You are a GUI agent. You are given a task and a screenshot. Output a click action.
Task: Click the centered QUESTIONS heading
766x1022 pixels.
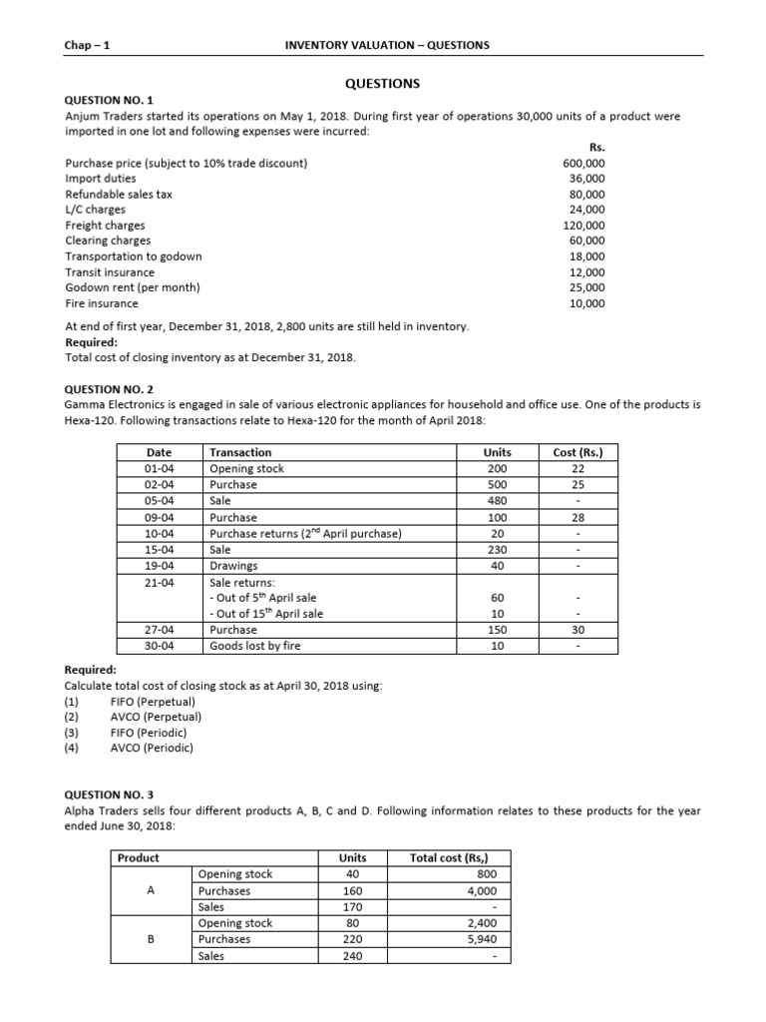pyautogui.click(x=383, y=83)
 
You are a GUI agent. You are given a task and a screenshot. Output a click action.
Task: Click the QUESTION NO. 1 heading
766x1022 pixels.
pyautogui.click(x=109, y=101)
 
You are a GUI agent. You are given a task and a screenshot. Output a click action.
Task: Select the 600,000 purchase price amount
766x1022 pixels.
pyautogui.click(x=583, y=163)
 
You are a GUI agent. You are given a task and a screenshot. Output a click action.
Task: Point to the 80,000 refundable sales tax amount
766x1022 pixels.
pyautogui.click(x=586, y=195)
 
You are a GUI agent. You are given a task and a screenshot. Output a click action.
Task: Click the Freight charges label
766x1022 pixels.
pyautogui.click(x=105, y=226)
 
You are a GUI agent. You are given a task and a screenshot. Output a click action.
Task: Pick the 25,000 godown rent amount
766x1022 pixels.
pyautogui.click(x=586, y=287)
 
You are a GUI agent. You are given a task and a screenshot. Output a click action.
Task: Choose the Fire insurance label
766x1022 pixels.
pyautogui.click(x=102, y=303)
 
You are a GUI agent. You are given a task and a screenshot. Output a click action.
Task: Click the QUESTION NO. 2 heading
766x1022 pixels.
pyautogui.click(x=109, y=389)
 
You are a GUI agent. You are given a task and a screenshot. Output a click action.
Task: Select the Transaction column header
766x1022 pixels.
pyautogui.click(x=240, y=452)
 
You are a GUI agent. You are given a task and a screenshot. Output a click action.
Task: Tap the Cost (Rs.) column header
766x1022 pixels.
pyautogui.click(x=577, y=452)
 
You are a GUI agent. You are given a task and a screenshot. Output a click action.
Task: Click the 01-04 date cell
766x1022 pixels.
pyautogui.click(x=159, y=469)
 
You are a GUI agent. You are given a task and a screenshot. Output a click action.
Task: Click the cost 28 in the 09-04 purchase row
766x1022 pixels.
pyautogui.click(x=577, y=518)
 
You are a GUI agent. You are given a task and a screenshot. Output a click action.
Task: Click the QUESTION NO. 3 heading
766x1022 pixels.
pyautogui.click(x=109, y=795)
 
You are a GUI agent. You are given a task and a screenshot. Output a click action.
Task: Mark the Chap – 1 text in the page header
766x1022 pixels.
pyautogui.click(x=85, y=45)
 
